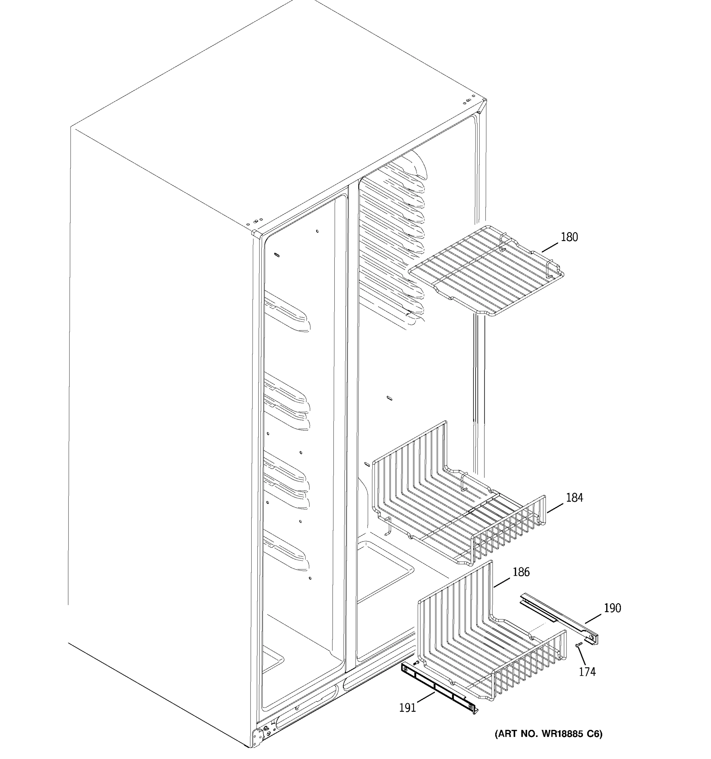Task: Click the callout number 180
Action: pyautogui.click(x=569, y=237)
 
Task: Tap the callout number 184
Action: pyautogui.click(x=574, y=498)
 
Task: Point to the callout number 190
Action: pyautogui.click(x=612, y=608)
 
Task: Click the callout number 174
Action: pyautogui.click(x=587, y=672)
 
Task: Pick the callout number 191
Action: pyautogui.click(x=407, y=708)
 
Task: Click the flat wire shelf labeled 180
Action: pyautogui.click(x=486, y=271)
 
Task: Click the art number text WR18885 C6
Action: pyautogui.click(x=548, y=734)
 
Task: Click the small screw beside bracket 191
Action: pyautogui.click(x=416, y=663)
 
